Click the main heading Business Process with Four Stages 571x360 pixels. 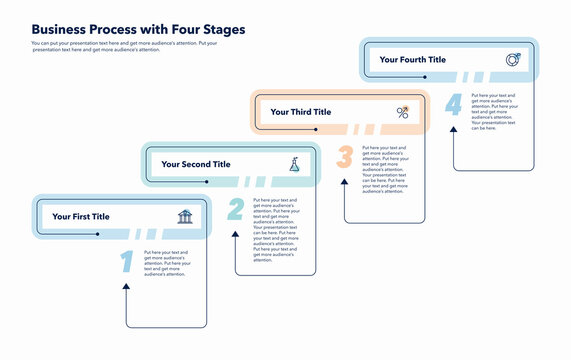138,30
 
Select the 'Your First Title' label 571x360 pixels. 81,217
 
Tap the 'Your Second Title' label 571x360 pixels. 195,164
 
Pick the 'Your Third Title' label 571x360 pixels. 300,112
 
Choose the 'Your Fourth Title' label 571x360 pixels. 412,60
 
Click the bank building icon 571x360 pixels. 185,217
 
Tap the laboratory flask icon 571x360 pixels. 294,164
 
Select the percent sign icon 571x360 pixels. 403,113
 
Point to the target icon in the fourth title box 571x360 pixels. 512,60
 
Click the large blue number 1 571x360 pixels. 127,262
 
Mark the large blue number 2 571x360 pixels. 236,209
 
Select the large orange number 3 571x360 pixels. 345,157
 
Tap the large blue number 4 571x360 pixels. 454,105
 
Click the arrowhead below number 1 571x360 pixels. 127,289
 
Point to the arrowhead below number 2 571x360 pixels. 236,237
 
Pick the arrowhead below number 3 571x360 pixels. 345,185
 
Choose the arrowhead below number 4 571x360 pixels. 454,133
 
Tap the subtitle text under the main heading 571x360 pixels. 125,46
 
